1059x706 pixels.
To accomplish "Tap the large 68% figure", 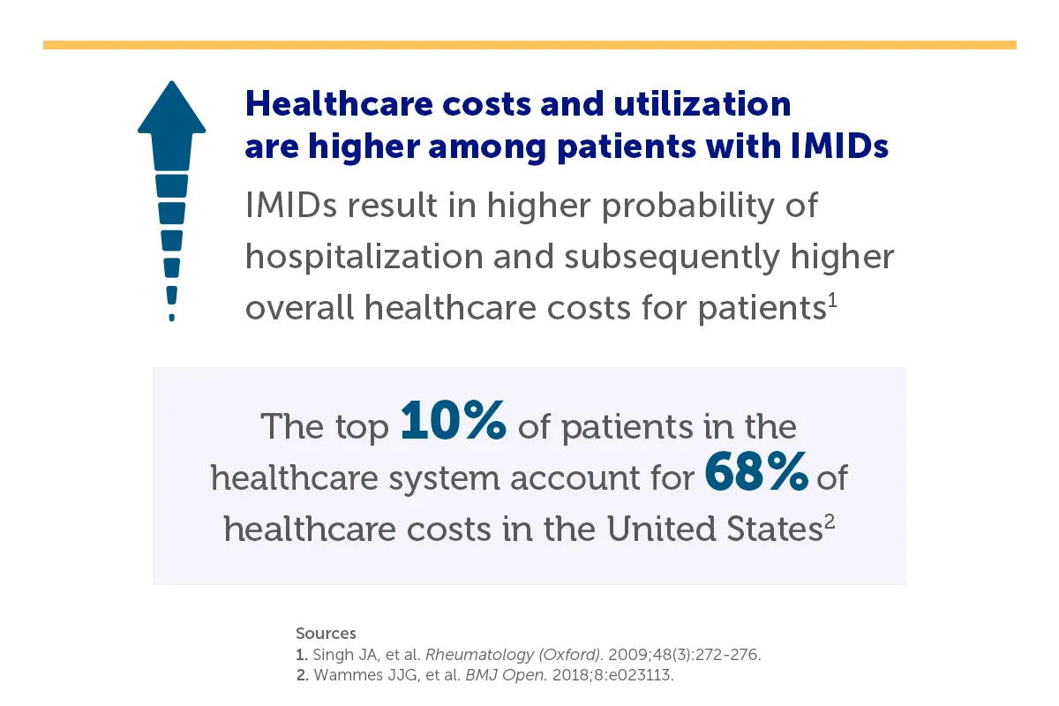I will (756, 475).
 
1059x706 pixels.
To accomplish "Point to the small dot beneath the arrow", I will (171, 316).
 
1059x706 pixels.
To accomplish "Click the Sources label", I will (326, 633).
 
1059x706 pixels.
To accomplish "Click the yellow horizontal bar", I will (529, 44).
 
